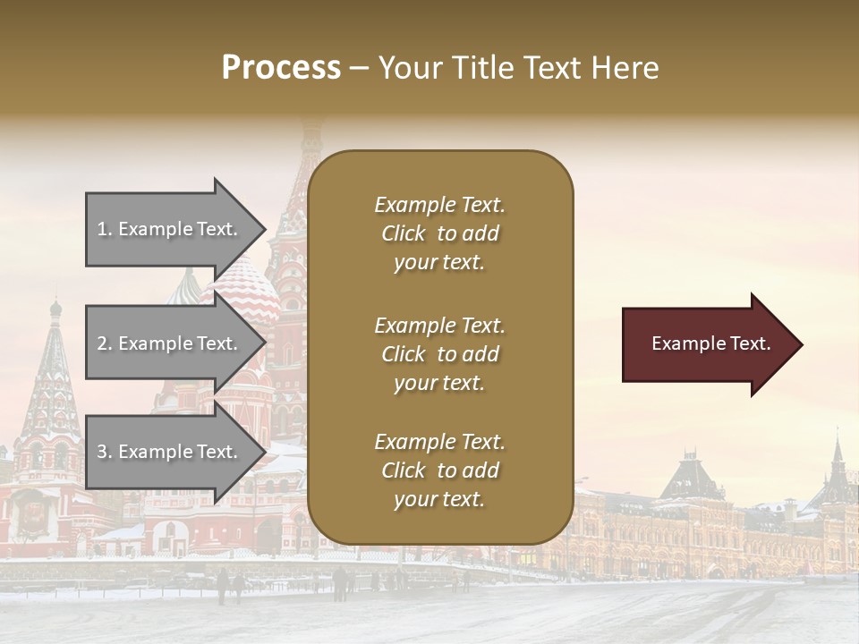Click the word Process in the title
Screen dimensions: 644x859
281,68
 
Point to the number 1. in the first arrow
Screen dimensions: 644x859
105,230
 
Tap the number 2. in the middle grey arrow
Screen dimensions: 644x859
105,343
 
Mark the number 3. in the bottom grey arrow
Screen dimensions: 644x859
105,453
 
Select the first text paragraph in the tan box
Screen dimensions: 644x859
439,233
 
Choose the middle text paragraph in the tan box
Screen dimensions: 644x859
439,354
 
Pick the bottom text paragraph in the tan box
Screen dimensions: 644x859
439,470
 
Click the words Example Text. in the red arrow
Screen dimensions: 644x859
710,343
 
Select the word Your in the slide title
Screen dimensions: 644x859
410,68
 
